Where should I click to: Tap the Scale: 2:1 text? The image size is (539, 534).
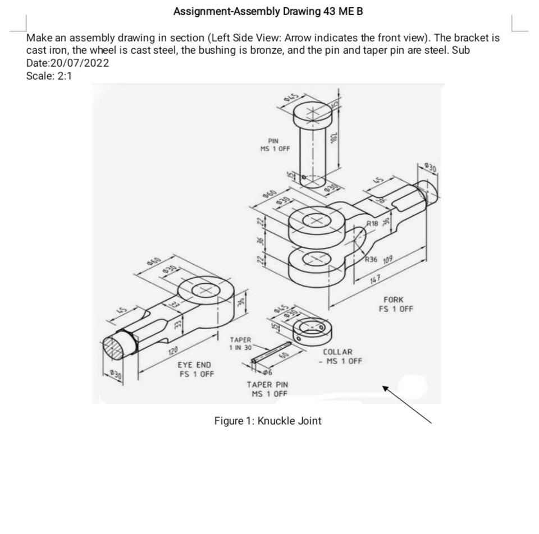[49, 76]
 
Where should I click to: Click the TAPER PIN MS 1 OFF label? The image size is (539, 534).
[267, 389]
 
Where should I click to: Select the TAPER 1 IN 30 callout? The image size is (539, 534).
[240, 344]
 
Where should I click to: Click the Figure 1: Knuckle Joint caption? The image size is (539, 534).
[268, 421]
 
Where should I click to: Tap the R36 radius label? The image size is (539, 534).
[371, 260]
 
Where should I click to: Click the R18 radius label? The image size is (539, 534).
[372, 223]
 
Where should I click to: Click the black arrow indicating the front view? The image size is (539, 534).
[407, 404]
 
